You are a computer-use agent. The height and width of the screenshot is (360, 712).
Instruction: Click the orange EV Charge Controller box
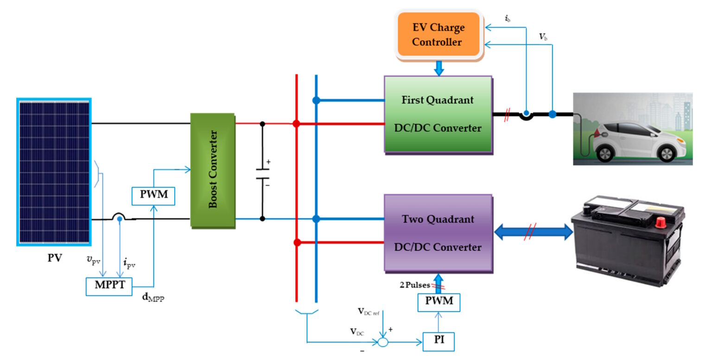[x=439, y=35]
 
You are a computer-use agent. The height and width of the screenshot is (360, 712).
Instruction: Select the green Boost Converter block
[x=213, y=170]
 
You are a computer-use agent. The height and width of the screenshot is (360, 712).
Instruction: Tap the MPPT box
[x=109, y=285]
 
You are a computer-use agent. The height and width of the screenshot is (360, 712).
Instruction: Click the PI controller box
[x=439, y=341]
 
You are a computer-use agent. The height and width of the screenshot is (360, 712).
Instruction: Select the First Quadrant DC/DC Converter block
[x=438, y=114]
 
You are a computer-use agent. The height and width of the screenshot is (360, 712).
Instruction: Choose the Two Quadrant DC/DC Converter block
[x=438, y=233]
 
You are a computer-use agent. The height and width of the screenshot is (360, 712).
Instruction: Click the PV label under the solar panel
[x=54, y=258]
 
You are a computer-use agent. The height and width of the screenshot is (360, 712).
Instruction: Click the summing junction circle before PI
[x=382, y=342]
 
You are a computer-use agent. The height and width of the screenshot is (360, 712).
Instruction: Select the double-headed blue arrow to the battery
[x=533, y=232]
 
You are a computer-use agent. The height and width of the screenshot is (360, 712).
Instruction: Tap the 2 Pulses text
[x=414, y=285]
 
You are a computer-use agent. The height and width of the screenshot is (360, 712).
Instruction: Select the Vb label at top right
[x=543, y=37]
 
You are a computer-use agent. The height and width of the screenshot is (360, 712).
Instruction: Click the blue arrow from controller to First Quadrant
[x=439, y=69]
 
